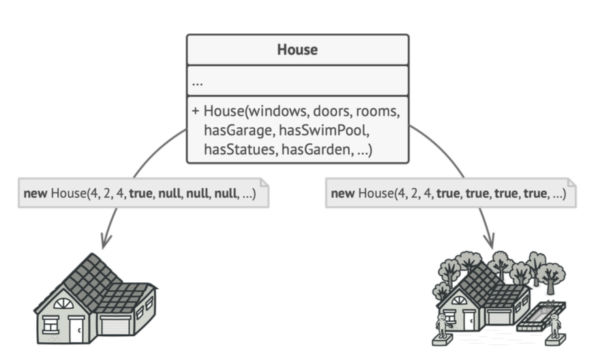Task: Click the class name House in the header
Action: [297, 50]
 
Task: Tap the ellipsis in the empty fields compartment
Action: [198, 84]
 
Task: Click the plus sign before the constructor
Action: [196, 111]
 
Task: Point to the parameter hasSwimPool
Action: [324, 130]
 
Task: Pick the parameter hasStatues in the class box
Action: [239, 149]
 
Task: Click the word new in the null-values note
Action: [35, 193]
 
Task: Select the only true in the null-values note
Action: [140, 193]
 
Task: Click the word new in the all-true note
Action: [343, 193]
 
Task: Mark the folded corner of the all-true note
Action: [571, 183]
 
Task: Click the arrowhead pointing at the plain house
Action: [104, 241]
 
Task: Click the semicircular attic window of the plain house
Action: [63, 303]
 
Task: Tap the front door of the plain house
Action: [76, 330]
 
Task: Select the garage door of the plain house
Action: [115, 326]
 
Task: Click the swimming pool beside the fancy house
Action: [541, 316]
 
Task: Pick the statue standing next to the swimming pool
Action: [554, 327]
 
